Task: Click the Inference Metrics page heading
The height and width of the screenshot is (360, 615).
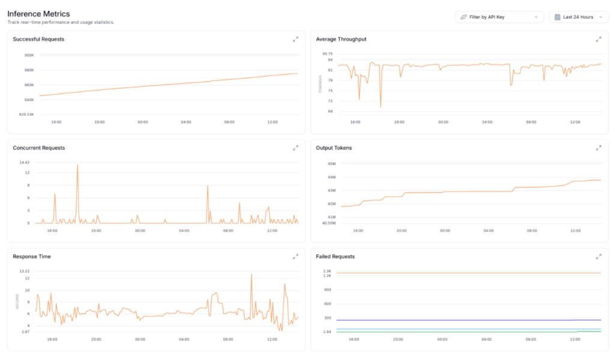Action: (x=38, y=13)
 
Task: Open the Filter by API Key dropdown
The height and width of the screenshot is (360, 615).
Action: (x=499, y=17)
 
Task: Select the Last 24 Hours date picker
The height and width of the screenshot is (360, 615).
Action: (x=578, y=17)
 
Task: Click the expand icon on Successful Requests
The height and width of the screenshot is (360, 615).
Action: (x=295, y=39)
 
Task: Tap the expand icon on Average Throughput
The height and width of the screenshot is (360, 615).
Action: (x=598, y=39)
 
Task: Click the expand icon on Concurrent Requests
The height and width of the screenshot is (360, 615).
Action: (x=295, y=148)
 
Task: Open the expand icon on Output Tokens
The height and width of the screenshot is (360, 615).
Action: (x=598, y=148)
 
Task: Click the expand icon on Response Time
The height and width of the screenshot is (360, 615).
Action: (x=295, y=257)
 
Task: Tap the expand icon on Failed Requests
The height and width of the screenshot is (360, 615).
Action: (x=598, y=257)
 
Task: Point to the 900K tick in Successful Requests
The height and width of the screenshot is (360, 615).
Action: (x=29, y=55)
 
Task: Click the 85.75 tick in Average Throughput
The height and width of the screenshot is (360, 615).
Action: (x=327, y=53)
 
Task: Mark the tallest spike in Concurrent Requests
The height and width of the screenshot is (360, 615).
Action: (x=77, y=164)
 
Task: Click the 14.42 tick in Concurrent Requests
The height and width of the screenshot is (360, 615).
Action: (x=25, y=162)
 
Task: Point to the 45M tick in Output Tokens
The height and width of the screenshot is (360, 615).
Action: (x=332, y=163)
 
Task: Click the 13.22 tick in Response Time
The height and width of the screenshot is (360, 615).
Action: (x=25, y=271)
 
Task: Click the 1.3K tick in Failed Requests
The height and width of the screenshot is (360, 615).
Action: (x=327, y=271)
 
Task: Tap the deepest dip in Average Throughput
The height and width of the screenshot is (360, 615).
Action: (x=381, y=106)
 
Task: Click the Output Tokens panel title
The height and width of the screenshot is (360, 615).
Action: (x=334, y=148)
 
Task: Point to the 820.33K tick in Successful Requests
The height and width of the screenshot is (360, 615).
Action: (x=26, y=114)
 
